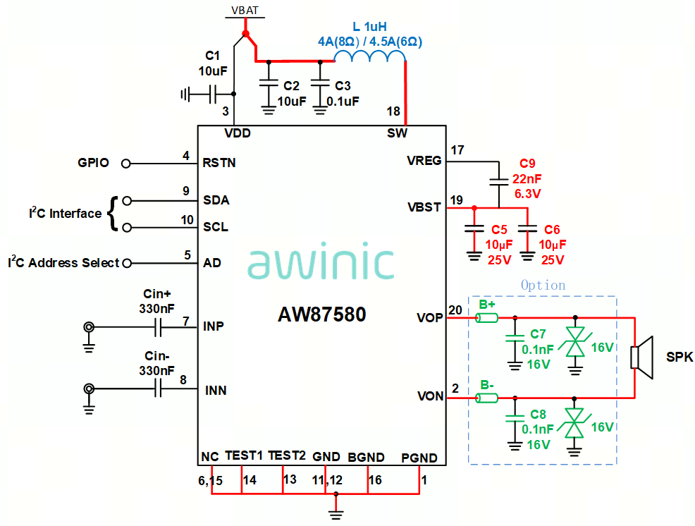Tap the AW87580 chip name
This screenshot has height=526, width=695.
pos(322,314)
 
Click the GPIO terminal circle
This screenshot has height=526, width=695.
pos(126,163)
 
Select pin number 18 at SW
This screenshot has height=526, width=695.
pos(393,111)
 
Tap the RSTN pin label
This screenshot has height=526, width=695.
pos(219,163)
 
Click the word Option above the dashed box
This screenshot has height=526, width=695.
pos(543,286)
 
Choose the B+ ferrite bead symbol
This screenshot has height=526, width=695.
pos(486,318)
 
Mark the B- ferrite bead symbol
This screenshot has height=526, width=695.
pos(486,398)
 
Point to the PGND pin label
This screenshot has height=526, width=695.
pos(419,458)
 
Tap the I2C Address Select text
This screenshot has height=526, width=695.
pos(63,263)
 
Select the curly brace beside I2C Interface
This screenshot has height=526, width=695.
pos(113,214)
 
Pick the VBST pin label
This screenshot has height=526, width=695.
pos(424,208)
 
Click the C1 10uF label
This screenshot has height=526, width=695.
pos(213,63)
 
